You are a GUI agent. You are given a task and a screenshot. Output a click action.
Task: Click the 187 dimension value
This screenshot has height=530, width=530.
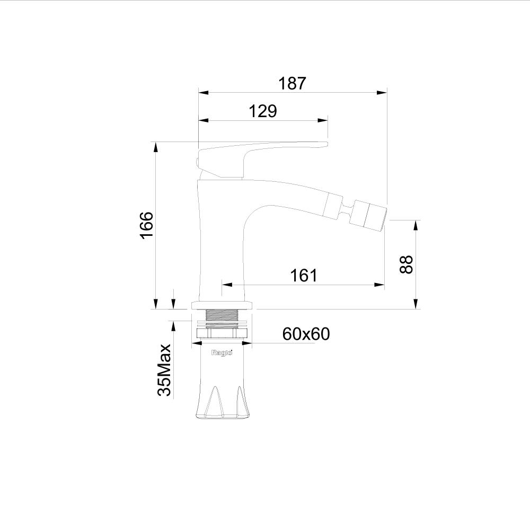click(x=292, y=83)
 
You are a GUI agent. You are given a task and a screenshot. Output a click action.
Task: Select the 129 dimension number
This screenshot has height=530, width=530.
click(x=263, y=111)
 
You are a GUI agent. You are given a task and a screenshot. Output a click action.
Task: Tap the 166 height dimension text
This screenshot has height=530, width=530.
click(x=147, y=225)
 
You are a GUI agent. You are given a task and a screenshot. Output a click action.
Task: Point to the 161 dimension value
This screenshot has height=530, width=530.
click(x=304, y=276)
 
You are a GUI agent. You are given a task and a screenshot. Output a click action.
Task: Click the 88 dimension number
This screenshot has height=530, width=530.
click(x=407, y=264)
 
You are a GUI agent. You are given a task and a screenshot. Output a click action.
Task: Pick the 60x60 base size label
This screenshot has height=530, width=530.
click(x=306, y=334)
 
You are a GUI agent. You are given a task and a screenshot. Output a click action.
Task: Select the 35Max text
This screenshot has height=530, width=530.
click(x=165, y=370)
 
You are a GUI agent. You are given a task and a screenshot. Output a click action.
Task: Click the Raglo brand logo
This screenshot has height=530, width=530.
click(x=222, y=353)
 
